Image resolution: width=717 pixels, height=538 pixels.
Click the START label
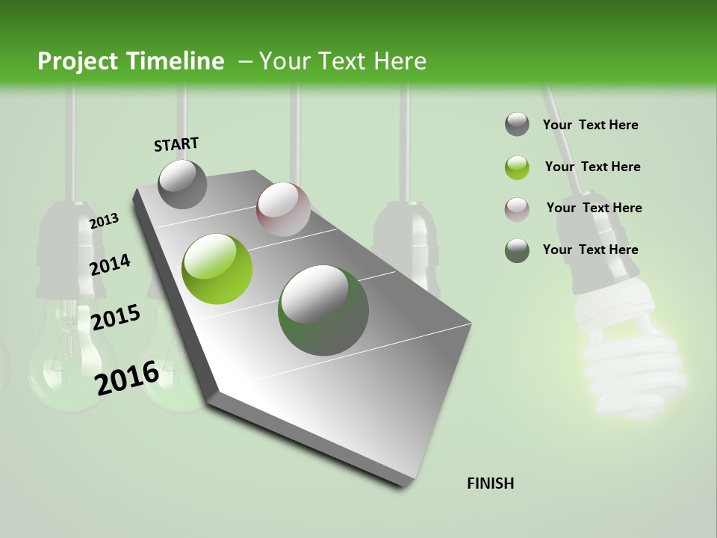coord(176,144)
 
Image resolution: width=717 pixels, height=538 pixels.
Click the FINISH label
coord(490,483)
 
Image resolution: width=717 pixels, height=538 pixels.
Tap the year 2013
coord(104,221)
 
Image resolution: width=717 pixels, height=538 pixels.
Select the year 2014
coord(110,265)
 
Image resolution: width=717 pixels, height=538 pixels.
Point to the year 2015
coord(115,318)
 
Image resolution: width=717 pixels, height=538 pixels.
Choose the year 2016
coord(127,377)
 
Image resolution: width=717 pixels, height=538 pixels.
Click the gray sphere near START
coord(182,184)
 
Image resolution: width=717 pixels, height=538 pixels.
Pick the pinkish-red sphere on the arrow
coord(283,209)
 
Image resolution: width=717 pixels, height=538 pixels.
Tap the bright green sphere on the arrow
coord(217,269)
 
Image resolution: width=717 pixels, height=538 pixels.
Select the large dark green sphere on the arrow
coord(323,310)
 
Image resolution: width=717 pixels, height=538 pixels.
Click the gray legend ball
coord(517,125)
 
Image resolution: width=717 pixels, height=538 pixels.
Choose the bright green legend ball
coord(517,167)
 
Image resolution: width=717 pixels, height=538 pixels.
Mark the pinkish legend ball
coord(517,209)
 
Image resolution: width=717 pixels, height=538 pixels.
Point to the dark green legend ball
coord(517,250)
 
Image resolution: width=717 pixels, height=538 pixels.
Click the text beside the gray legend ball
coord(590,126)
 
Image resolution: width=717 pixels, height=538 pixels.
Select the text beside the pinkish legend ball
coord(594,208)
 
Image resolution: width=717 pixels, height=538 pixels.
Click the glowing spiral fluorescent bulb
coord(631,359)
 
